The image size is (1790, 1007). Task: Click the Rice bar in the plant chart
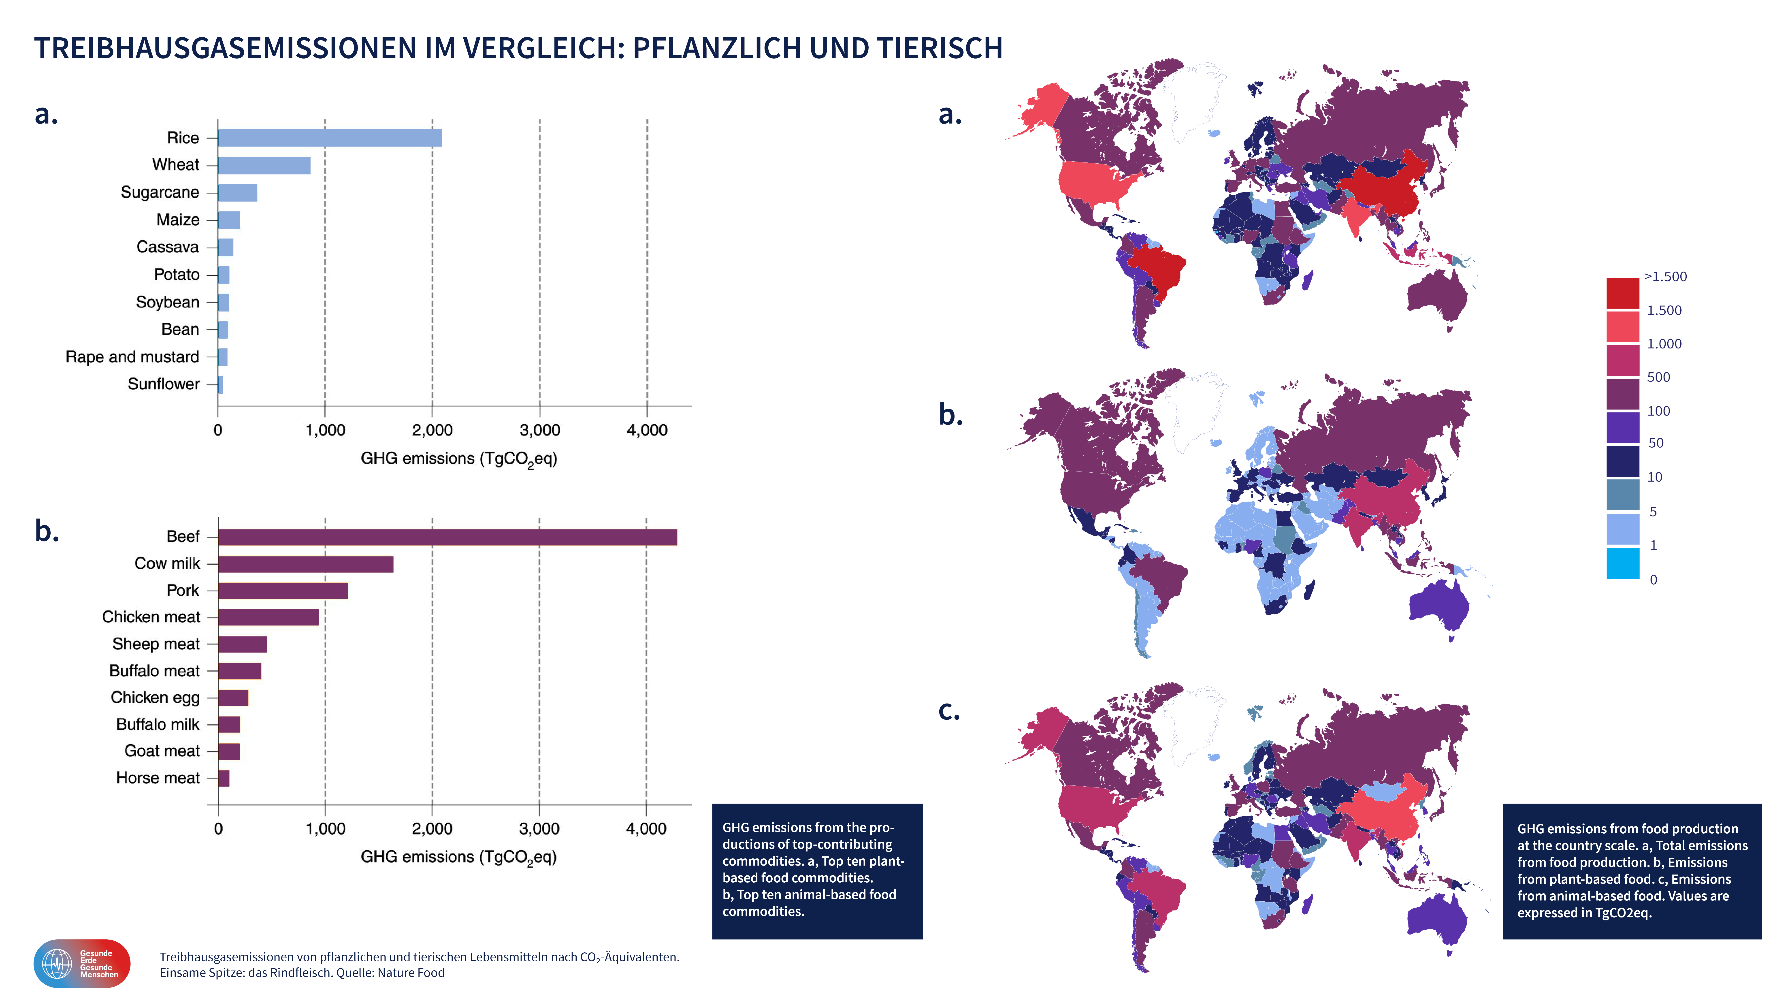tap(329, 138)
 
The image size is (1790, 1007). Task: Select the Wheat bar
tap(264, 165)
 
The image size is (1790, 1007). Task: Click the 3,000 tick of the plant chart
tap(540, 430)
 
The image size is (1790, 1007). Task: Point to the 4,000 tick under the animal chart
tap(646, 828)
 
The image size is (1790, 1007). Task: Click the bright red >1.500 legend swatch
tap(1623, 292)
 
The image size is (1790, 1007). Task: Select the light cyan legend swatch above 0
tap(1623, 563)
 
